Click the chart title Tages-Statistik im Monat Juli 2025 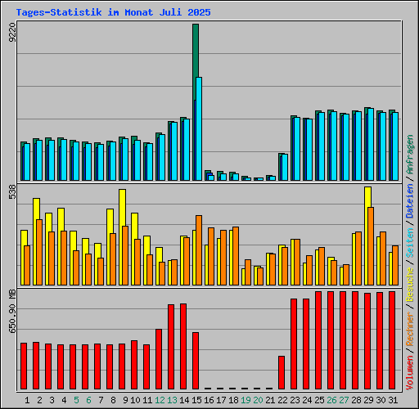tap(113, 13)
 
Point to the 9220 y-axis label tap(11, 34)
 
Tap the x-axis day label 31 tap(392, 400)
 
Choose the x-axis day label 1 tap(27, 400)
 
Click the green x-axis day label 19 tap(245, 400)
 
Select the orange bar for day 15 tap(199, 249)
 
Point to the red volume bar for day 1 tap(24, 366)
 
